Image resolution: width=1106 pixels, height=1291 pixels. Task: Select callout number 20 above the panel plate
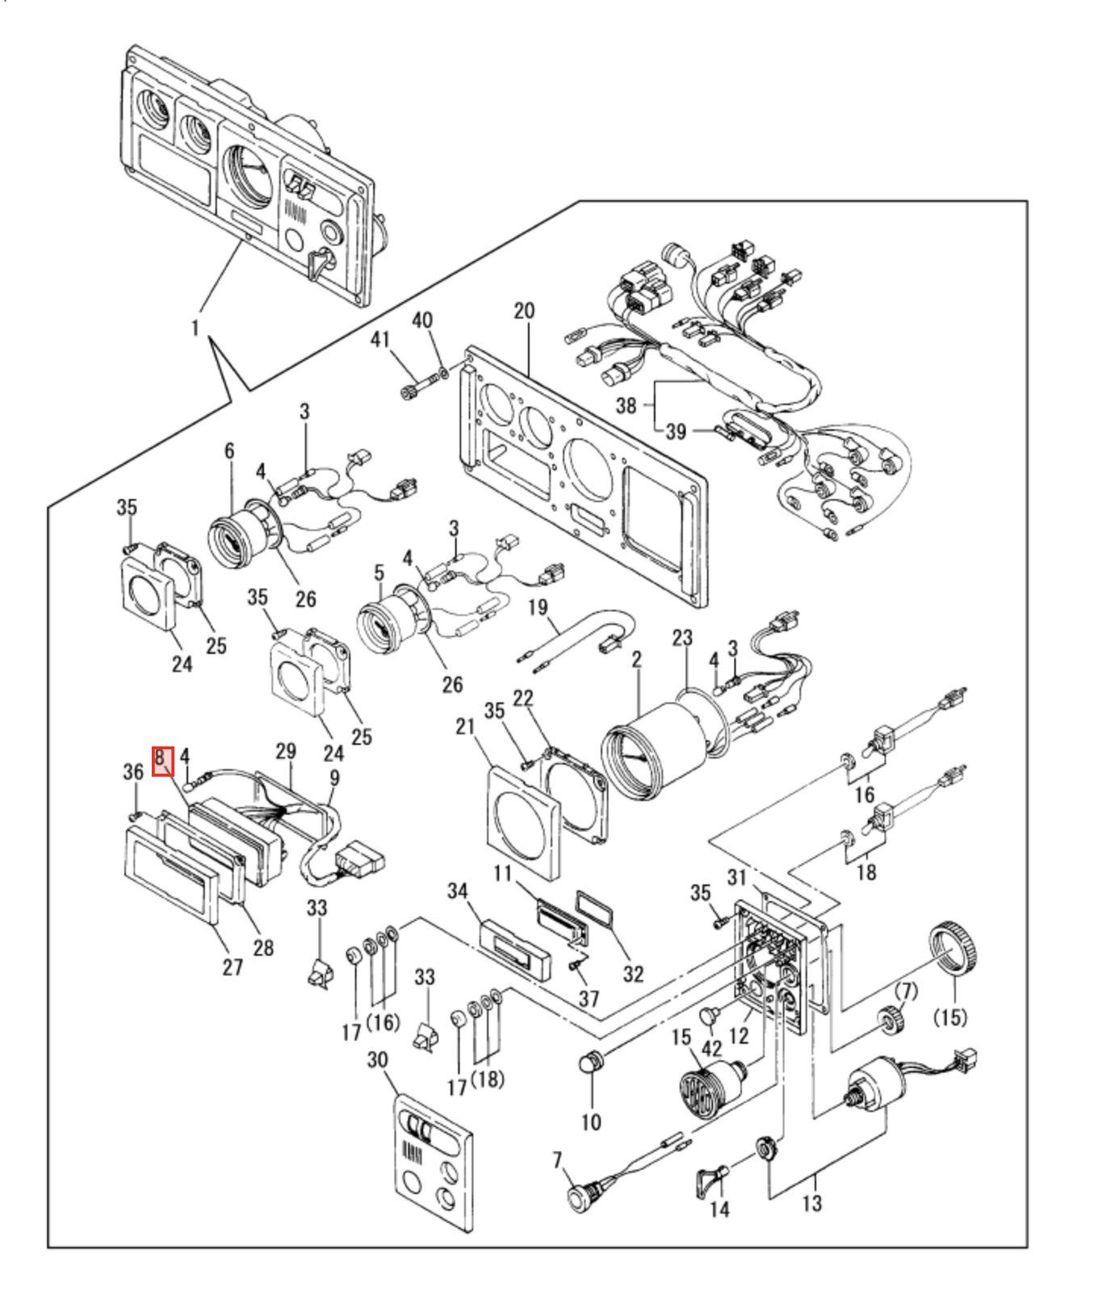point(524,312)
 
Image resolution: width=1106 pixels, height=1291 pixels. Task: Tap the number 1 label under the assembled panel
point(195,328)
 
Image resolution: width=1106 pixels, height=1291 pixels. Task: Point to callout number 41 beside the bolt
point(380,340)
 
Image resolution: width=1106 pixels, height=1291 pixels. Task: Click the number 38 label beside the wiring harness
point(626,405)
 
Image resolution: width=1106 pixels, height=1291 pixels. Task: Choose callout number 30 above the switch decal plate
point(378,1059)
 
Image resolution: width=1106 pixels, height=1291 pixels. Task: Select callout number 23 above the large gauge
point(682,638)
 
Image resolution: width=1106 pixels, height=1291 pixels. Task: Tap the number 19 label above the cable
point(538,606)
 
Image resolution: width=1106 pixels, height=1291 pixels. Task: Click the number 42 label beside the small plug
point(711,1048)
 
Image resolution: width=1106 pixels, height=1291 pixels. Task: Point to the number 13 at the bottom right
point(812,1203)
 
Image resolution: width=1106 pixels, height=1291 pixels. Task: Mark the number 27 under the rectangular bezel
point(233,966)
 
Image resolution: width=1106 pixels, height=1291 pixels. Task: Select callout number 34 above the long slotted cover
point(458,891)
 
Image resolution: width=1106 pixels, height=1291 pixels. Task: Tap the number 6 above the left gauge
point(229,451)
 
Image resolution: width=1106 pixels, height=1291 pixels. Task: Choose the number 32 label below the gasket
point(633,975)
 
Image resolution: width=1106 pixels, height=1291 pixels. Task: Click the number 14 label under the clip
point(719,1209)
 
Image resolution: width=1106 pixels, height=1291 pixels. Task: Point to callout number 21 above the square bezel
point(465,727)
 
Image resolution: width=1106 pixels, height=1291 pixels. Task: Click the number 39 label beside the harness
point(676,432)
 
